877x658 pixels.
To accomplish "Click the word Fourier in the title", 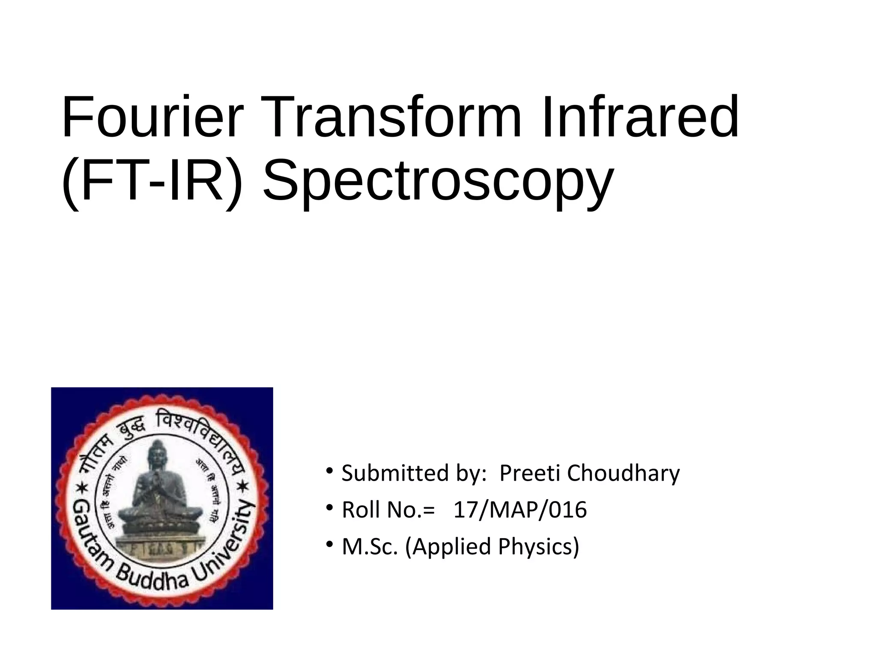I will pos(152,117).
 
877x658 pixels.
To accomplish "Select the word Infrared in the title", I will pos(640,117).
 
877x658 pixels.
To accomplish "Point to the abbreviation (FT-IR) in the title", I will pos(152,180).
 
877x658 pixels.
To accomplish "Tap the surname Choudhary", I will pos(623,473).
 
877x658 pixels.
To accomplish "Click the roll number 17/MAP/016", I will pos(520,510).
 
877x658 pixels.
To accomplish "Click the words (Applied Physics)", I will pos(492,547).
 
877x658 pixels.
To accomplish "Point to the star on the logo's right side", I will pos(242,487).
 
